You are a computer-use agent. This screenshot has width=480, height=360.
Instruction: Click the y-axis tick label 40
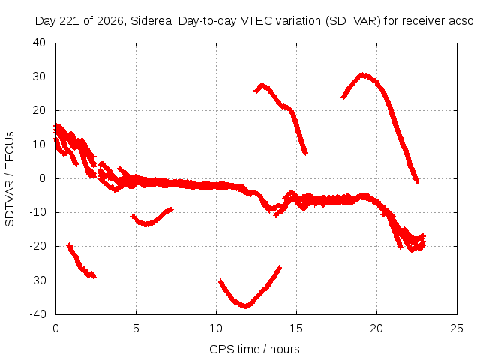point(39,43)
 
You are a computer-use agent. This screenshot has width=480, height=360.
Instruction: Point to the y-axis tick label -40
point(37,313)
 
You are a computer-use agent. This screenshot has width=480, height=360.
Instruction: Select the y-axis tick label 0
point(42,178)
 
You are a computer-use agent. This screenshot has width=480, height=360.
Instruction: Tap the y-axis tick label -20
point(37,246)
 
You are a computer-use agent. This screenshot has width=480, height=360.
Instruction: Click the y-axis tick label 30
point(39,76)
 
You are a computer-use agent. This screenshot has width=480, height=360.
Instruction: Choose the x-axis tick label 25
point(457,328)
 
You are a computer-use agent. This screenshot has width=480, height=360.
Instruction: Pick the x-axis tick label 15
point(296,328)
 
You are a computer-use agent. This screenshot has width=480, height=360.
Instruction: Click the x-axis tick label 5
point(136,328)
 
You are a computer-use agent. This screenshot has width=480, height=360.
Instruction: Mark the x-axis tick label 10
point(216,328)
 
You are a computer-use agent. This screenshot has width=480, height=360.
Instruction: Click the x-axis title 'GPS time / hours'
point(254,349)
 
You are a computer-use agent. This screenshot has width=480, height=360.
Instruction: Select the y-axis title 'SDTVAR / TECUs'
point(10,179)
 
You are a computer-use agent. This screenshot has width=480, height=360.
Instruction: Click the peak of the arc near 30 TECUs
point(363,74)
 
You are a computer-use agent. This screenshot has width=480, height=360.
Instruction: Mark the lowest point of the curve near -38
point(245,306)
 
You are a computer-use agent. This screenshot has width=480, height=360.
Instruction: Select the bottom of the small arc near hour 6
point(147,225)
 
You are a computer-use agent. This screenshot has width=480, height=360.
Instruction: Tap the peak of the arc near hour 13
point(262,84)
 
